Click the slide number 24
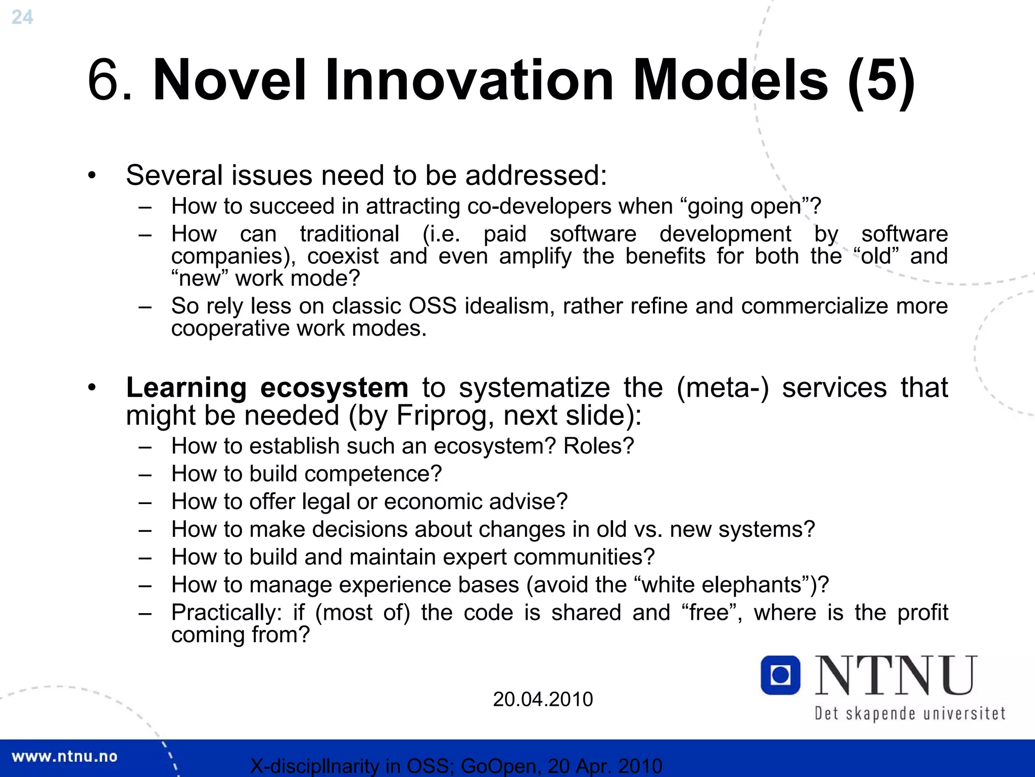pyautogui.click(x=22, y=17)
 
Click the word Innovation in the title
pyautogui.click(x=468, y=80)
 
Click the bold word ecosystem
pyautogui.click(x=334, y=388)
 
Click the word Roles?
pyautogui.click(x=598, y=446)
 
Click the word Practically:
pyautogui.click(x=226, y=613)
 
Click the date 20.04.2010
pyautogui.click(x=542, y=699)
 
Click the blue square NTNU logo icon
pyautogui.click(x=780, y=675)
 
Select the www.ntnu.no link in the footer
pyautogui.click(x=64, y=756)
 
